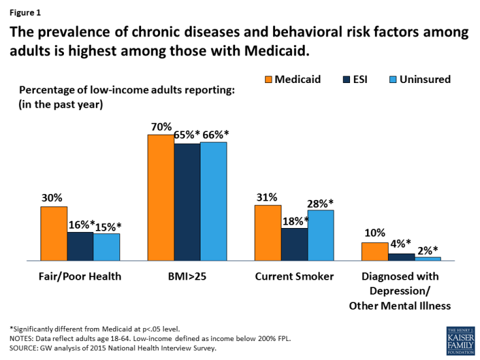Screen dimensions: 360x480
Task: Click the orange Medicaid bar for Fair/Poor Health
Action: pos(54,233)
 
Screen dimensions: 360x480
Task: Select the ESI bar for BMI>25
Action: pos(187,202)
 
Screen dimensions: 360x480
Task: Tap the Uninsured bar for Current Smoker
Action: pos(320,235)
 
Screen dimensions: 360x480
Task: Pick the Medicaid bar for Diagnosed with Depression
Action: pos(374,252)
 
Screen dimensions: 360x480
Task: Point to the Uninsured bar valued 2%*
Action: pos(428,259)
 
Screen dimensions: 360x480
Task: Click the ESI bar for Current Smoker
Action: pos(294,244)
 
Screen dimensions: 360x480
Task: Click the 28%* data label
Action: pos(320,203)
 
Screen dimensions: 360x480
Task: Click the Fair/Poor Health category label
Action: pos(80,276)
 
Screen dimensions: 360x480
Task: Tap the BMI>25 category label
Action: pos(187,276)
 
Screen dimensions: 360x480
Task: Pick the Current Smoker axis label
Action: pos(294,276)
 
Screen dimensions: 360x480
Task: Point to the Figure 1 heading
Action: pos(23,12)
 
